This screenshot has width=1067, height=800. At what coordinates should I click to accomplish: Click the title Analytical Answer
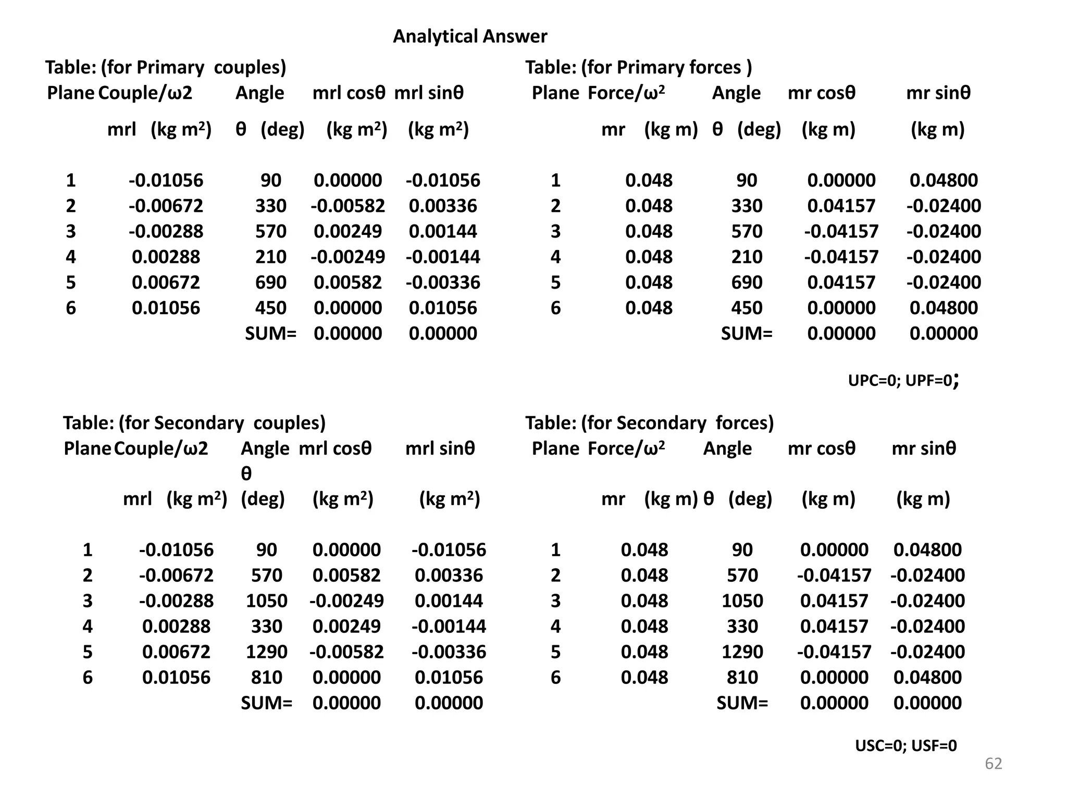tap(469, 36)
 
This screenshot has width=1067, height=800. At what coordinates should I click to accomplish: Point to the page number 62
tap(993, 764)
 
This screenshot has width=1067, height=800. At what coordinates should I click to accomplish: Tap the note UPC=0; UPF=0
tap(903, 381)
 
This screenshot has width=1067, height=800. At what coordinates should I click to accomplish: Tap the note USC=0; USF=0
tap(905, 746)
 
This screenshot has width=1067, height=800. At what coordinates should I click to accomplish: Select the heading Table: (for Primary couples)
tap(166, 67)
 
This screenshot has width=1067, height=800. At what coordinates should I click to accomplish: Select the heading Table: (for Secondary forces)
tap(649, 422)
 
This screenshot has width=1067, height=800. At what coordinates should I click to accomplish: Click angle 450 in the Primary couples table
tap(270, 308)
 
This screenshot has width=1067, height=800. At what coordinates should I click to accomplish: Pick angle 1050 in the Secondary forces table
tap(742, 601)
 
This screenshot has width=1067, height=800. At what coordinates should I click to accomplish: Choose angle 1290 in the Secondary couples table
tap(266, 652)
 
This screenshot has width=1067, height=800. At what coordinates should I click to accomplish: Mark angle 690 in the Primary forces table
tap(747, 282)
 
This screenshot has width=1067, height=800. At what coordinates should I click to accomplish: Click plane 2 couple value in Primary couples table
tap(166, 206)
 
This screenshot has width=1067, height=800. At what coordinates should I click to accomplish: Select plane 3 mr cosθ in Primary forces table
tap(841, 231)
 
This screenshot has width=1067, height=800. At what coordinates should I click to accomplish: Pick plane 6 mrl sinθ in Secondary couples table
tap(449, 677)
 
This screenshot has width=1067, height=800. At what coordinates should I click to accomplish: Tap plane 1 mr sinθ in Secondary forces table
tap(927, 549)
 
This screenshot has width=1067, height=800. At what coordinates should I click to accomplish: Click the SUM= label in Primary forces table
tap(747, 333)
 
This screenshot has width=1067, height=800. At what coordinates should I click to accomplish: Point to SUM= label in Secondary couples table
tap(266, 703)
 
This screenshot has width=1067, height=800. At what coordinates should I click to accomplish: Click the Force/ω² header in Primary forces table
tap(626, 93)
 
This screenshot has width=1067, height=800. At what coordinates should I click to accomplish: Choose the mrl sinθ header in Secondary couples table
tap(440, 448)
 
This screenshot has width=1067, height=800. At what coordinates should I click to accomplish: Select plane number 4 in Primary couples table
tap(71, 257)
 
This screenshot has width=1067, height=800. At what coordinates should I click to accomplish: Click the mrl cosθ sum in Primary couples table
tap(348, 333)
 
